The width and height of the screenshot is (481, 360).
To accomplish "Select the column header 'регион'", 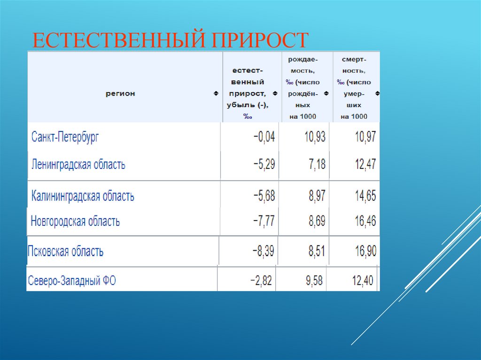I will pos(120,93).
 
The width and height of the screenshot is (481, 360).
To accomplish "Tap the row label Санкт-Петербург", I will pos(65,137).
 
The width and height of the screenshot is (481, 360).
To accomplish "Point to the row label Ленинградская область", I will pos(78,165).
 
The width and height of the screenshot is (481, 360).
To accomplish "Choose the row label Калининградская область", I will pos(83,196).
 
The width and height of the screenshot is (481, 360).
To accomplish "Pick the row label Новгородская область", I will pos(75,221).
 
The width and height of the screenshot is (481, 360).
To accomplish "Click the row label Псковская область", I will pos(66,251).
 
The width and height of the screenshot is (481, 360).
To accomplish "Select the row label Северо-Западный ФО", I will pos(72,281).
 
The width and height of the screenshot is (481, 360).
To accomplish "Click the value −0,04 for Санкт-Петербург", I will pos(264,137).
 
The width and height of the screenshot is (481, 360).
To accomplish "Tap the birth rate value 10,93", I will pos(315,137).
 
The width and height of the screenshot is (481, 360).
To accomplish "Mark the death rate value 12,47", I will pos(365,165).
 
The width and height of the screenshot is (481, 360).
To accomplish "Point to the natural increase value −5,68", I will pos(264,196).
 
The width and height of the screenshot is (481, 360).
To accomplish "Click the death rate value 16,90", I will pos(365,251).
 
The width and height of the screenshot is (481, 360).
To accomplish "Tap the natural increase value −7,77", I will pos(264,221).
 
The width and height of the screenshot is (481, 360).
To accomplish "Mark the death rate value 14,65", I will pos(365,196).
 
